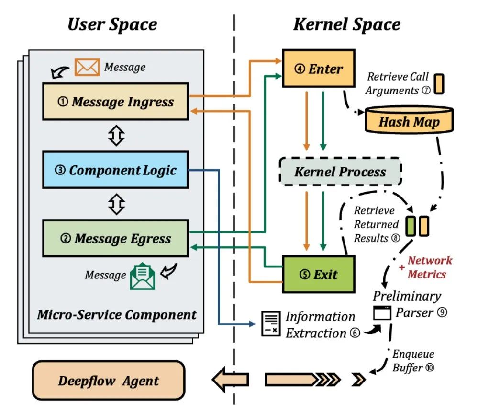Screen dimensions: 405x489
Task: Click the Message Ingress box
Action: pos(115,101)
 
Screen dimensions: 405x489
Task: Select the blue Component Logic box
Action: pos(115,170)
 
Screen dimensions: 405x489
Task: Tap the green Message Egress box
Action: pos(115,238)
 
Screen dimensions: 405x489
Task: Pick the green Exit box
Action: pos(318,274)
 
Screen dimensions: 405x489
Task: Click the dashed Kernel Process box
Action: pos(340,171)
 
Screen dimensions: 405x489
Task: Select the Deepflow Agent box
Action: pos(108,381)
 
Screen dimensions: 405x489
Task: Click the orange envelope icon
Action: pos(87,67)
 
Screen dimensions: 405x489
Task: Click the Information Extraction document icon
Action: pos(270,323)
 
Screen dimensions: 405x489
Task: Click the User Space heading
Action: pos(112,24)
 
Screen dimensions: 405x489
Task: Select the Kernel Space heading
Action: pos(346,24)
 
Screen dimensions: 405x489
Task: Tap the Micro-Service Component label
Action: pos(117,315)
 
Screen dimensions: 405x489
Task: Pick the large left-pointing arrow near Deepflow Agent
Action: pos(230,380)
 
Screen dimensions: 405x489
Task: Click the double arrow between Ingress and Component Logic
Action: pos(116,136)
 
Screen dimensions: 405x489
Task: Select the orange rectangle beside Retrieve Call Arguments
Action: pos(439,83)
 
